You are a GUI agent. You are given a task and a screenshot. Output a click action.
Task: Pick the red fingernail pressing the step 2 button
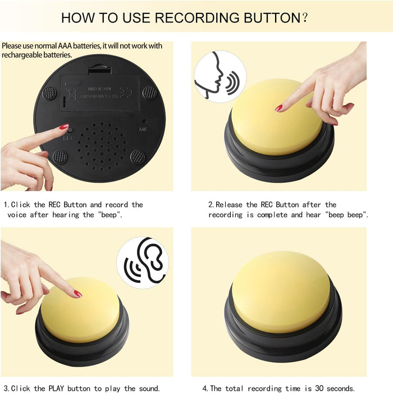click(x=278, y=108)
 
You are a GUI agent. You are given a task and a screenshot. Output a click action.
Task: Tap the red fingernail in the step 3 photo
click(x=77, y=294)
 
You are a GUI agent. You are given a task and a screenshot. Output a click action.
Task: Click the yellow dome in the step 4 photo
click(x=281, y=291)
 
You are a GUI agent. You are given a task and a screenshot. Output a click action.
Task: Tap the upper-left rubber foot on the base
click(x=49, y=93)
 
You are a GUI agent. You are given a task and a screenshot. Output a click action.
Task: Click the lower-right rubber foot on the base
click(x=138, y=157)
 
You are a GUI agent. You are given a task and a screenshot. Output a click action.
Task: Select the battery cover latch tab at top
click(x=99, y=67)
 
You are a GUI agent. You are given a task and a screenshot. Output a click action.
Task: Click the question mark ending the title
click(x=304, y=17)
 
